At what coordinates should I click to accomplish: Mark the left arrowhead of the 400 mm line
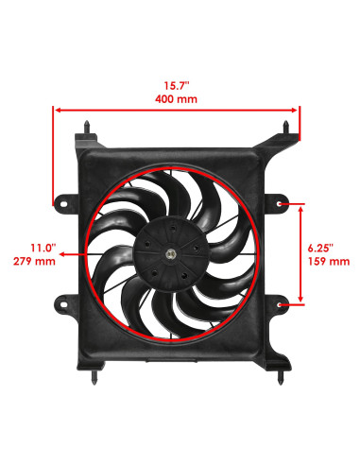tap(55, 110)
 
